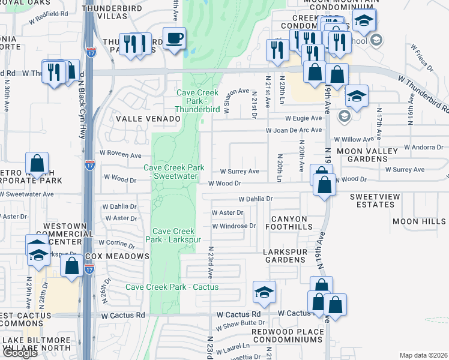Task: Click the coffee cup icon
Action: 174,39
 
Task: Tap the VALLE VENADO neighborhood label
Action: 148,119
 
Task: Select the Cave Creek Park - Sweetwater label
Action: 173,172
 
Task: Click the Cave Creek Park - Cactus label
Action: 172,287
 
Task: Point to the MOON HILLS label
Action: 419,221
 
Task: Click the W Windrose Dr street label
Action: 234,226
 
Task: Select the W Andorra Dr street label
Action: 423,146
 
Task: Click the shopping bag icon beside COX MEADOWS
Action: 72,266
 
